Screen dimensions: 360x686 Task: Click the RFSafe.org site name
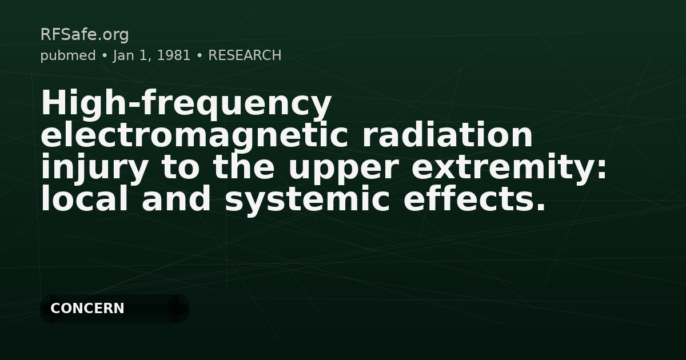click(x=85, y=35)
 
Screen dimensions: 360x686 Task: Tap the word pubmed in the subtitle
click(x=68, y=55)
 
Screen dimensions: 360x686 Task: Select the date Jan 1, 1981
click(x=151, y=55)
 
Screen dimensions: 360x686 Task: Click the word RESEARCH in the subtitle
click(x=245, y=55)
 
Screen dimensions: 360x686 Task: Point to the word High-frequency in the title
click(x=186, y=104)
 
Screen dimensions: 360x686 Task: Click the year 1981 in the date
click(x=173, y=55)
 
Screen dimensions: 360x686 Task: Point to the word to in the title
click(x=181, y=168)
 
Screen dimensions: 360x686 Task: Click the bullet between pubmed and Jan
click(x=105, y=55)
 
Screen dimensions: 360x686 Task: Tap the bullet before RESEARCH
click(x=200, y=55)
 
